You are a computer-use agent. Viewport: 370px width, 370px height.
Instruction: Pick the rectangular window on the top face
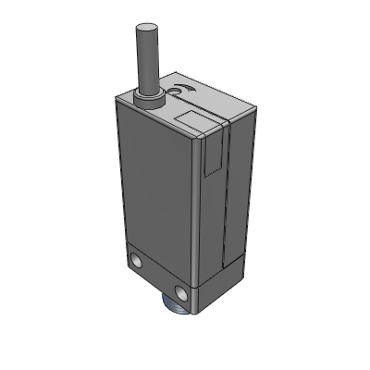(x=195, y=117)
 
